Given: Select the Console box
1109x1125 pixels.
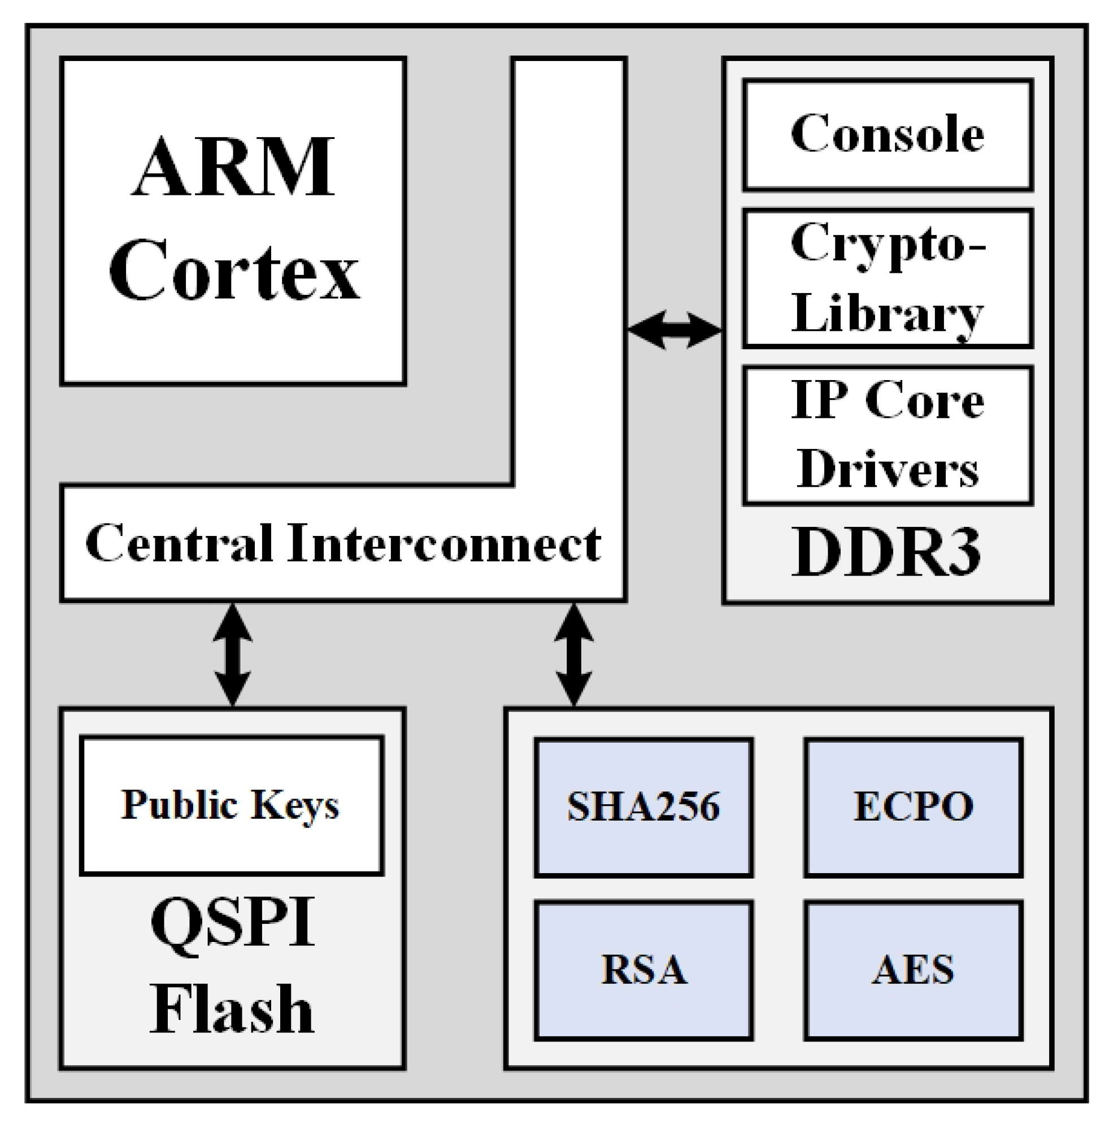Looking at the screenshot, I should pyautogui.click(x=888, y=134).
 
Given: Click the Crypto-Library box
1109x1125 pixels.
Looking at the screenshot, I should pyautogui.click(x=888, y=278).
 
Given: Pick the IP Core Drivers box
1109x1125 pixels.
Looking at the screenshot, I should pyautogui.click(x=888, y=435).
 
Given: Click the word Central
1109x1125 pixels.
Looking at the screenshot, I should pyautogui.click(x=179, y=543).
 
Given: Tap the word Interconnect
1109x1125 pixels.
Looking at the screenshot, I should pyautogui.click(x=445, y=543).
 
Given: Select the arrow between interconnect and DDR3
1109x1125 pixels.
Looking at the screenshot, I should pyautogui.click(x=675, y=330).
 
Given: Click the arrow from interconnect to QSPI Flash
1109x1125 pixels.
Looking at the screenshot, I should pyautogui.click(x=233, y=655).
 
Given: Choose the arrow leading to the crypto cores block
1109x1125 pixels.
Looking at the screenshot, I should pyautogui.click(x=575, y=655).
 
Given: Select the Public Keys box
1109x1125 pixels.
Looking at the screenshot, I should pyautogui.click(x=231, y=806).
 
